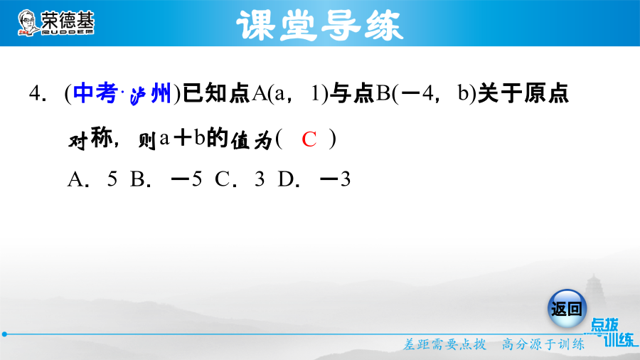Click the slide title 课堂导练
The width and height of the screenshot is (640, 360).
(319, 26)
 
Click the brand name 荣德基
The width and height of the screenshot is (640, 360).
(68, 20)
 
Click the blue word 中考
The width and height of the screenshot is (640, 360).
(95, 93)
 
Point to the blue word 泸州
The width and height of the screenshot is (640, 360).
(150, 94)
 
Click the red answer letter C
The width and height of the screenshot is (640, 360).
(309, 139)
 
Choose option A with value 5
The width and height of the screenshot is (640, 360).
(92, 179)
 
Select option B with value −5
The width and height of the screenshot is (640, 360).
(166, 179)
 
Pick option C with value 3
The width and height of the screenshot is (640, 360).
(240, 179)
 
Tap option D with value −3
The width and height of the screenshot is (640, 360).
(314, 179)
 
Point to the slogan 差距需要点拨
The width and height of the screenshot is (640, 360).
(445, 344)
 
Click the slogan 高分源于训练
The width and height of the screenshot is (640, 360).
(543, 344)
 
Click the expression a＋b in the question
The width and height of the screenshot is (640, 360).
(182, 137)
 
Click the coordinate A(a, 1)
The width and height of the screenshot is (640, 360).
(290, 93)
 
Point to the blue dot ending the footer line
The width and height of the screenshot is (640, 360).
(4, 334)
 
